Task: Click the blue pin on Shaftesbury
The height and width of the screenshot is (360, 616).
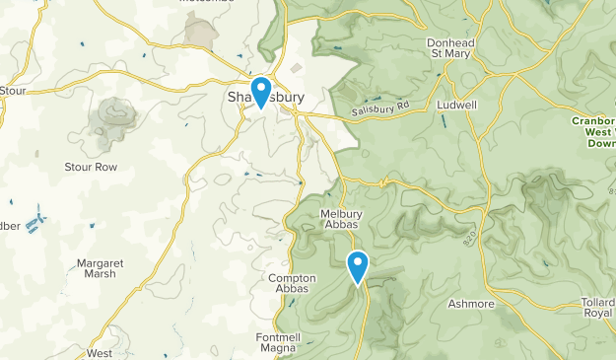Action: pos(261,91)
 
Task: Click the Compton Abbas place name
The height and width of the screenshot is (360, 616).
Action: pos(293,284)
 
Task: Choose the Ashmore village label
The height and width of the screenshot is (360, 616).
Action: pos(470,304)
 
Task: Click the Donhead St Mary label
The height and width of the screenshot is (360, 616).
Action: pos(451,49)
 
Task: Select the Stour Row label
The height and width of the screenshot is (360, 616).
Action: pos(91,168)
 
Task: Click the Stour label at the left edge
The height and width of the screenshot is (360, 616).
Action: pos(13,91)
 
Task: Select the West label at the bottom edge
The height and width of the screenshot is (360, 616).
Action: pos(100,352)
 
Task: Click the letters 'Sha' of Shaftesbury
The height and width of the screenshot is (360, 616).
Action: pos(238,98)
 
